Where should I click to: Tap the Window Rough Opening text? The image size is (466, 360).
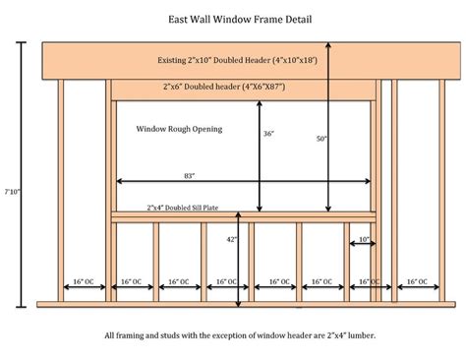click(179, 129)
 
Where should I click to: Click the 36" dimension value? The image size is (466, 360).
click(267, 135)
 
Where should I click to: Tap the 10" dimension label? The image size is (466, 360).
click(364, 239)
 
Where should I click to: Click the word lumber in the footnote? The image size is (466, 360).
click(359, 335)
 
